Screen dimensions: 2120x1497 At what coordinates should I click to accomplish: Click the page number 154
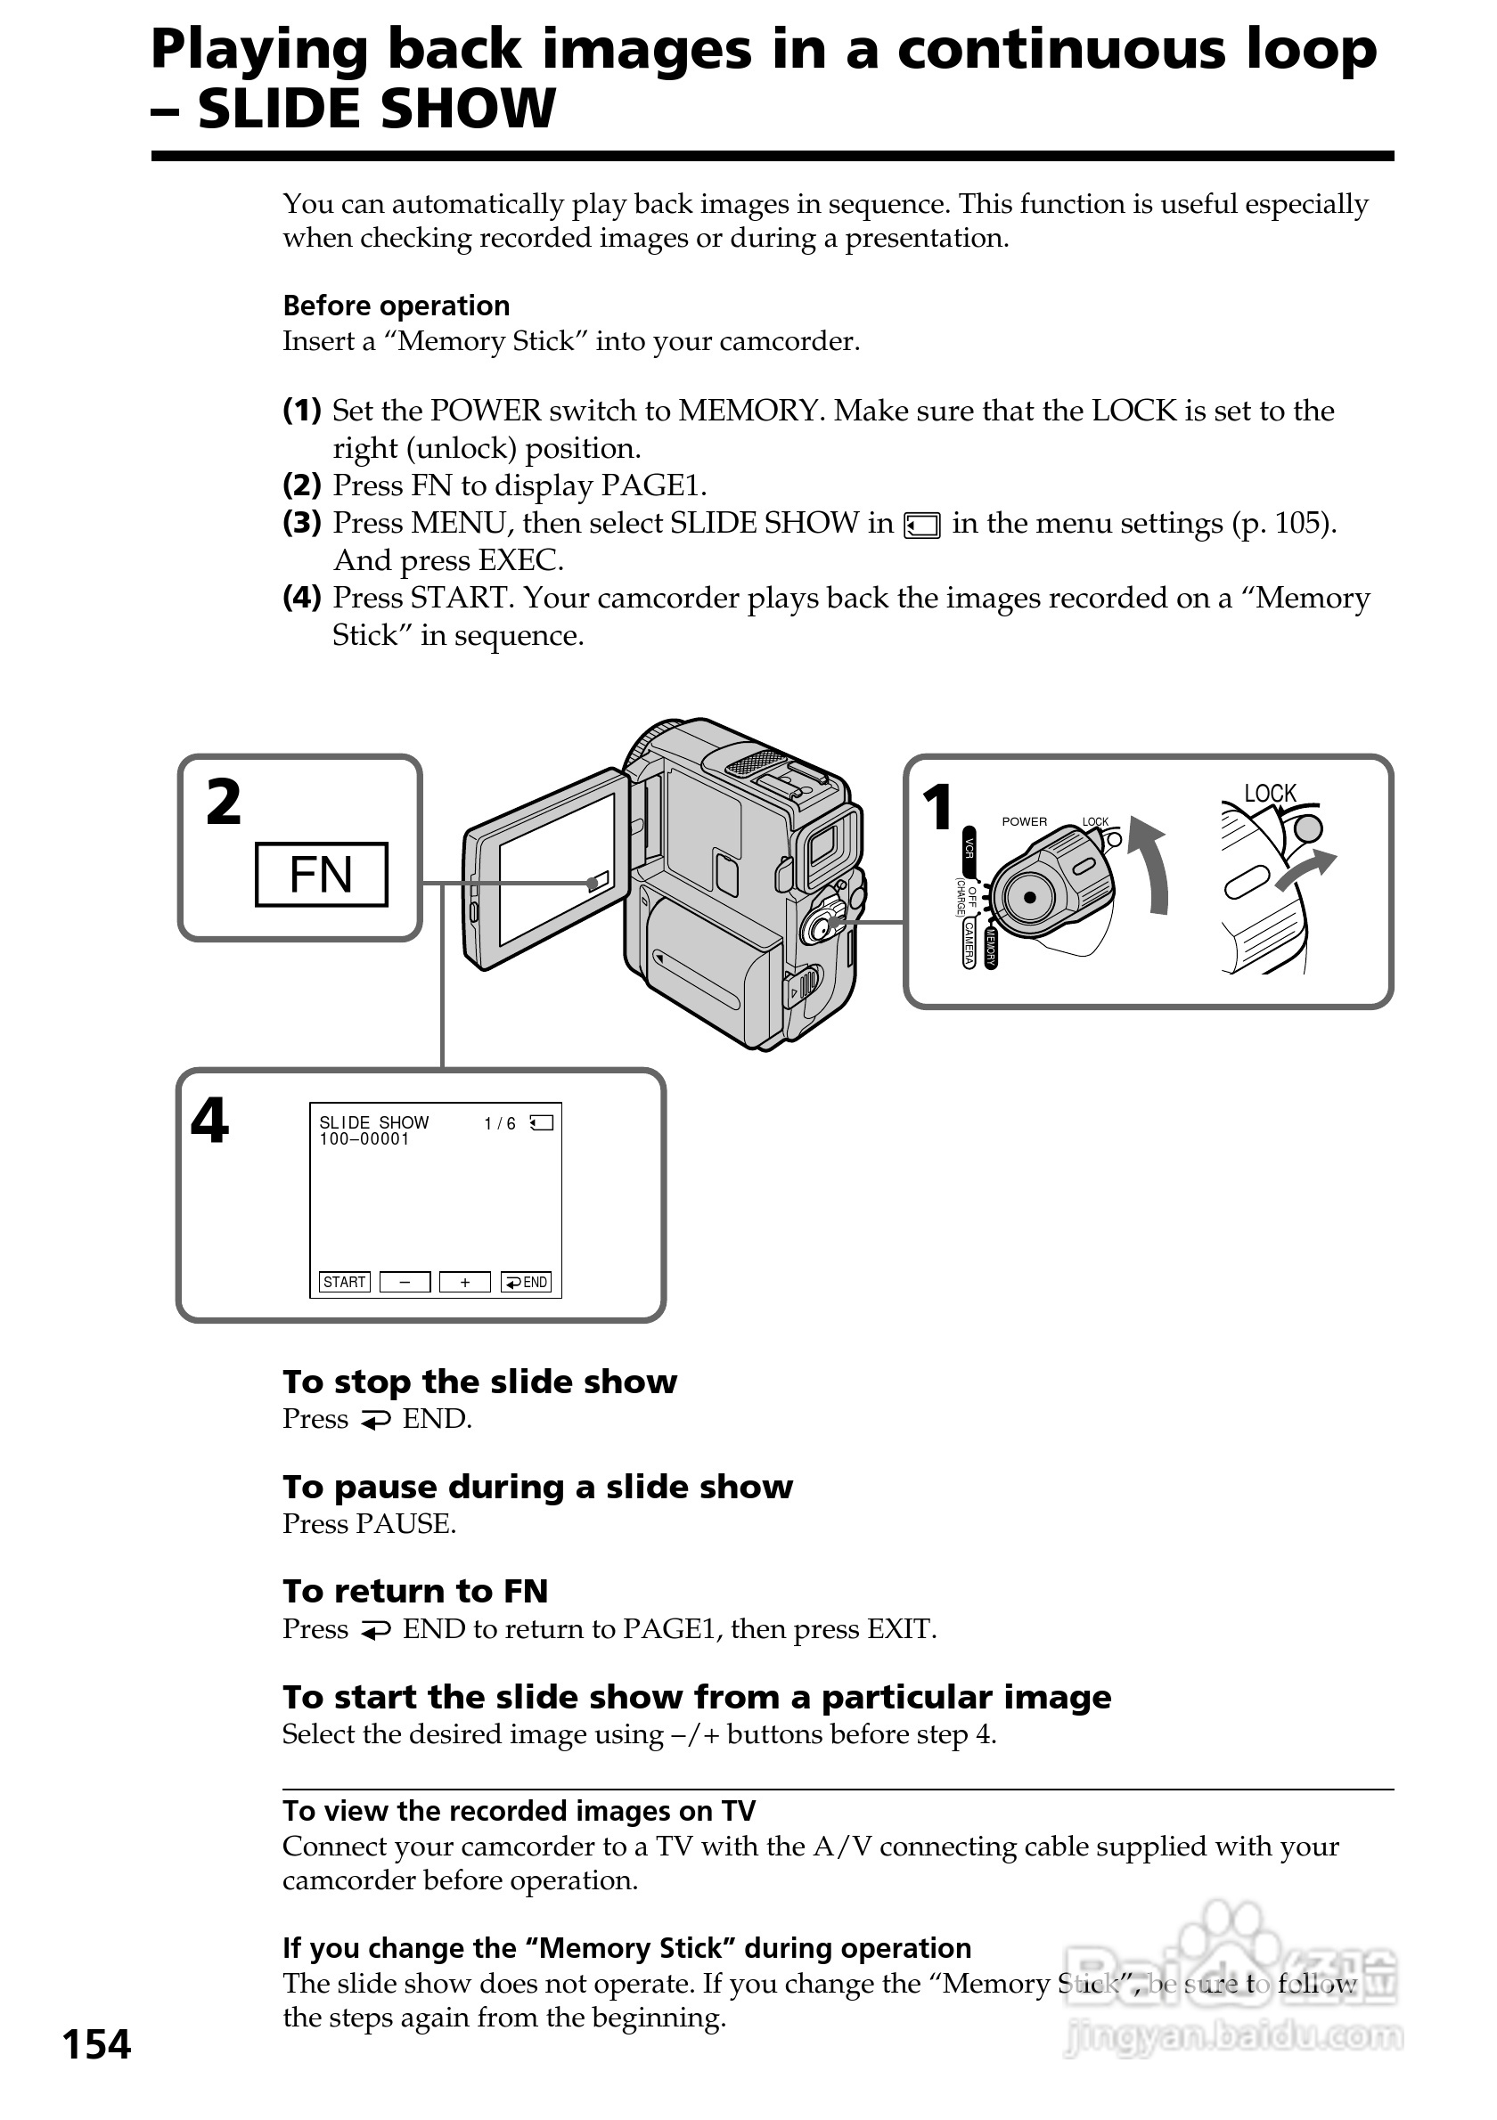coord(97,2044)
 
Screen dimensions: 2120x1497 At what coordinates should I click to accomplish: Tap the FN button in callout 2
coord(322,875)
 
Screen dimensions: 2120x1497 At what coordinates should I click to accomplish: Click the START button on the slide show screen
coord(345,1282)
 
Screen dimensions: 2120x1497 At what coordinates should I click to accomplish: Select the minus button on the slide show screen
coord(405,1282)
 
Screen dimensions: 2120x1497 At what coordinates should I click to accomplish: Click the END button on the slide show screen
coord(527,1282)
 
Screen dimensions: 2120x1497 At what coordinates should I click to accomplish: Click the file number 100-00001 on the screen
coord(364,1139)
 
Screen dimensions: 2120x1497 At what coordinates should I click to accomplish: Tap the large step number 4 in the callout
coord(209,1121)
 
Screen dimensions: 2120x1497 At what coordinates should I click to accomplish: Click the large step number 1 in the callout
coord(937,807)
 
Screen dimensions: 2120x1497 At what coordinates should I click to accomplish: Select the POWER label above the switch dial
coord(1024,822)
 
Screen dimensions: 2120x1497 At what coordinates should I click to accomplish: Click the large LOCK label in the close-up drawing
coord(1270,793)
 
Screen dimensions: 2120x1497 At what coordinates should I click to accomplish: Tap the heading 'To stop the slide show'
coord(479,1382)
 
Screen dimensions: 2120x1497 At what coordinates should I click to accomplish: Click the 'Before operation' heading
coord(397,306)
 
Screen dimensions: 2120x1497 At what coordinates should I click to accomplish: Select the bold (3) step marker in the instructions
coord(302,523)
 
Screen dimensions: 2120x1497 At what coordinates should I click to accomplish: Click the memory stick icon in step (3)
coord(921,526)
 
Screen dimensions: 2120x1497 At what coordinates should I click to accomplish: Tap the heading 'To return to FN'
coord(415,1591)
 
